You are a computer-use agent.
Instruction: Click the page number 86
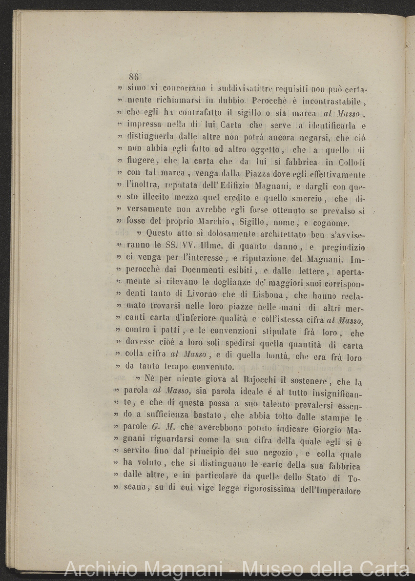[x=134, y=77]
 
